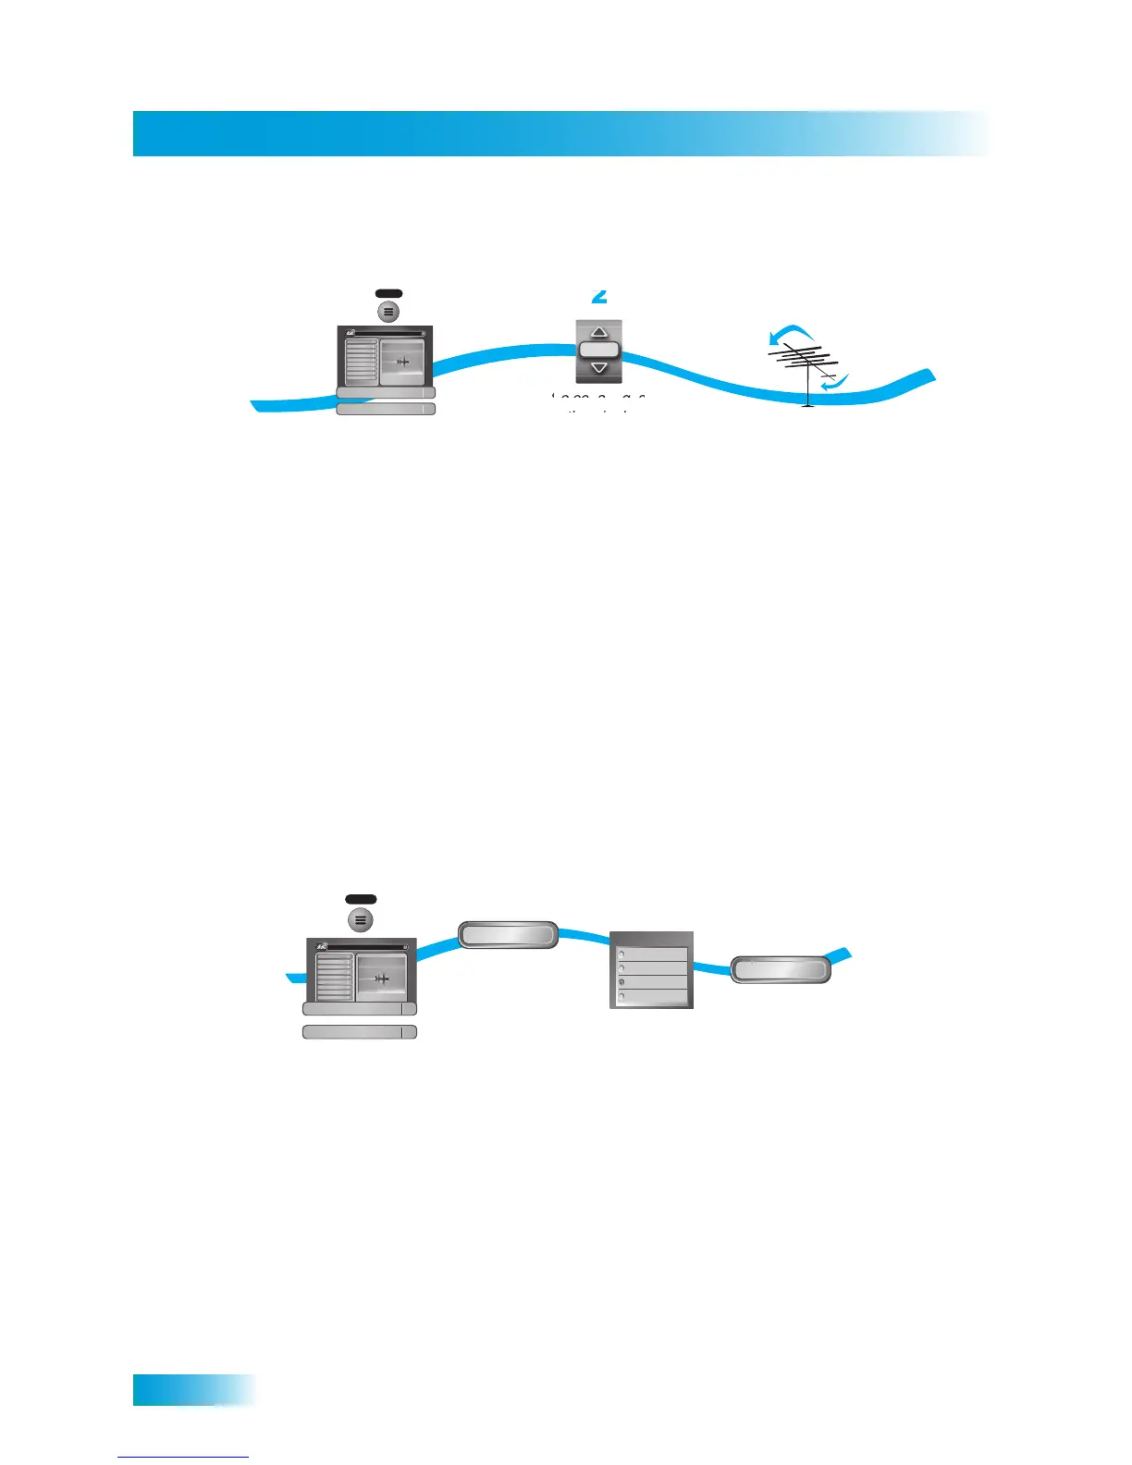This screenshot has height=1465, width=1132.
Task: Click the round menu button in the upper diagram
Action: (388, 312)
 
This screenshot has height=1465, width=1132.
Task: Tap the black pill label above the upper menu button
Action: (388, 293)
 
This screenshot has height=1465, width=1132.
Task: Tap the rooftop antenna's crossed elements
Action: (803, 358)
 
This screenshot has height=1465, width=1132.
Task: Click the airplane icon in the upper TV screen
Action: (403, 362)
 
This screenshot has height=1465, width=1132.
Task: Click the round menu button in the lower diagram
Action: (361, 920)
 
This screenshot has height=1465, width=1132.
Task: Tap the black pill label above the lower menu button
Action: (361, 899)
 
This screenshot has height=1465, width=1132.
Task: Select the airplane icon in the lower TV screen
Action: (381, 979)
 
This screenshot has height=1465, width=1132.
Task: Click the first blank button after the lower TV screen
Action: (509, 934)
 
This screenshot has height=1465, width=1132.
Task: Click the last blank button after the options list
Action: (780, 969)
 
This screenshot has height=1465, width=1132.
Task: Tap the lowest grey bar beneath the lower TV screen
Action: (360, 1032)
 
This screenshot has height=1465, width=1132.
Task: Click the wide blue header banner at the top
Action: (560, 133)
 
